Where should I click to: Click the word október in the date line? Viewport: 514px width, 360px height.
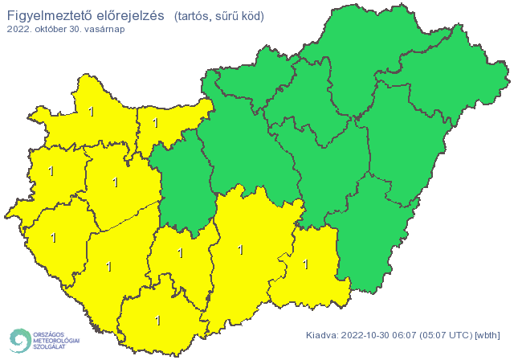tap(48, 29)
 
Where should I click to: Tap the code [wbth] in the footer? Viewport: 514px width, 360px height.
tap(488, 335)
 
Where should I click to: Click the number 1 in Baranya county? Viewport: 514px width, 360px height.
tap(157, 320)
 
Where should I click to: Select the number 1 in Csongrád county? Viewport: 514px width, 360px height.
tap(304, 263)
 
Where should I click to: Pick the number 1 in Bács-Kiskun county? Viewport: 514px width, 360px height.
tap(240, 250)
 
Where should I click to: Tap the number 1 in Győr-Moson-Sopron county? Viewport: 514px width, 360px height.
tap(92, 111)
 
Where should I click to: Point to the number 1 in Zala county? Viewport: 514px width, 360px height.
tap(54, 237)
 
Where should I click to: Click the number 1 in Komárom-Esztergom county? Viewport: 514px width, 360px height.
tap(155, 124)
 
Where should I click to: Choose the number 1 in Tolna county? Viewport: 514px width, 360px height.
tap(180, 253)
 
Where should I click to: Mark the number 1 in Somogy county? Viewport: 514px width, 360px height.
tap(108, 266)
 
